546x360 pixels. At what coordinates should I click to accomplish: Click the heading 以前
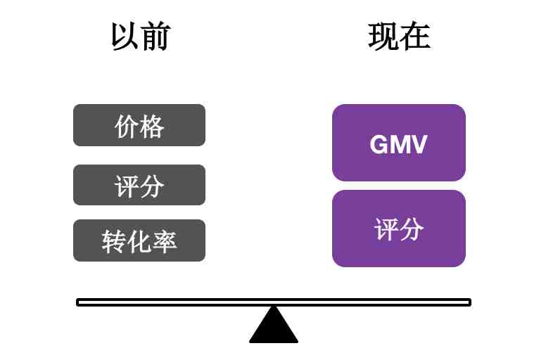141,36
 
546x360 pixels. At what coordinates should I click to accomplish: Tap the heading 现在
399,36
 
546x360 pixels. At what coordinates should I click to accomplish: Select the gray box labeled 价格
139,125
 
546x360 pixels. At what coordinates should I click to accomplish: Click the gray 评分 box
139,185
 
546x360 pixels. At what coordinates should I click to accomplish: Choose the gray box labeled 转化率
139,240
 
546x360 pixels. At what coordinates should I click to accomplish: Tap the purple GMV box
399,143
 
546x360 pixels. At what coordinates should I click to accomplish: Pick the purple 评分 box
399,229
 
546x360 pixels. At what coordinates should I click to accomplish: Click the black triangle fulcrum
274,325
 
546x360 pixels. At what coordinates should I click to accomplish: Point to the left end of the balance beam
77,302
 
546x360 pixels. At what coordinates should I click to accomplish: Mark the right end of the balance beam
471,302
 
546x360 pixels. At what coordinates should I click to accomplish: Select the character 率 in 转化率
165,241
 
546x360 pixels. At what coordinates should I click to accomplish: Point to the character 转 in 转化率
113,241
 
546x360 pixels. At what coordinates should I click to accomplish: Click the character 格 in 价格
152,127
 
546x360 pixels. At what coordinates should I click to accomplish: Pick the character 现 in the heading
383,36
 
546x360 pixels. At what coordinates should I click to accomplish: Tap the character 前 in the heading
156,36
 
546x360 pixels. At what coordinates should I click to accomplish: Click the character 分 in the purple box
412,229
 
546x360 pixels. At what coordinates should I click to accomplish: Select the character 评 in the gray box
126,186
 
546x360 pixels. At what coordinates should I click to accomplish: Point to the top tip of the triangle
274,306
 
